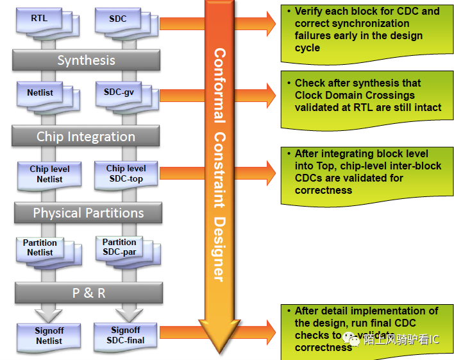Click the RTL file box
(39, 20)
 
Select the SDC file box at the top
(119, 20)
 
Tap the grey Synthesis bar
(86, 60)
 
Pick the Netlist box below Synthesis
(40, 94)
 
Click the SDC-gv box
(119, 94)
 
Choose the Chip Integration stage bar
(86, 137)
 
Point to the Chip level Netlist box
(49, 174)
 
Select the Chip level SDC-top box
(126, 173)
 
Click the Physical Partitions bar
(88, 213)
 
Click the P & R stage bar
(88, 293)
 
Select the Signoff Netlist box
(49, 336)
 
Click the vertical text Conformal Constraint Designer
(219, 164)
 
